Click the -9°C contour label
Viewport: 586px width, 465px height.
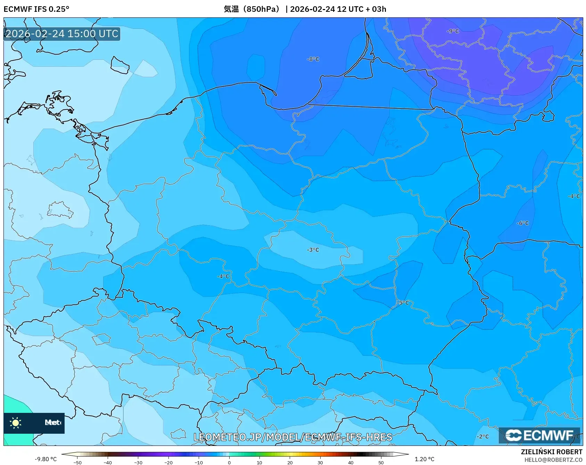click(x=453, y=31)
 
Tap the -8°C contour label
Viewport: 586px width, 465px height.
click(x=313, y=59)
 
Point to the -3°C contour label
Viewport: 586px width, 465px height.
click(x=313, y=250)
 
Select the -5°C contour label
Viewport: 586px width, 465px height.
click(x=403, y=303)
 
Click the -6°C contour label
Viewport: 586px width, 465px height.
click(x=523, y=223)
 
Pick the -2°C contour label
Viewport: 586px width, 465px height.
click(x=482, y=437)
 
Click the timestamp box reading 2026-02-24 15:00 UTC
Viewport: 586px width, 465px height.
click(x=62, y=34)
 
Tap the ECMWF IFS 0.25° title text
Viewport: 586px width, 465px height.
click(x=36, y=9)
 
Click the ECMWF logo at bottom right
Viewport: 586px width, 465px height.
click(x=539, y=435)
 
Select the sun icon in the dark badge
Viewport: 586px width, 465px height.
click(x=16, y=423)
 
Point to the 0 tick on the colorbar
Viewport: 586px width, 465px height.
click(x=229, y=463)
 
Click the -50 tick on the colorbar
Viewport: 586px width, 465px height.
click(x=78, y=463)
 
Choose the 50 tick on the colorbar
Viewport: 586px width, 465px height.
click(x=381, y=463)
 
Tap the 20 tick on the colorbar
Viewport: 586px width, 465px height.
click(x=290, y=463)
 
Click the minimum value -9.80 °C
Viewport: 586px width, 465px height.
click(x=46, y=459)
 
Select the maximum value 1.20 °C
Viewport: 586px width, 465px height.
click(x=424, y=459)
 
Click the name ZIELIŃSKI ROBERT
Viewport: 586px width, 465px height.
click(x=551, y=452)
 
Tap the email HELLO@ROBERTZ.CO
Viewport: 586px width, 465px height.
click(x=553, y=460)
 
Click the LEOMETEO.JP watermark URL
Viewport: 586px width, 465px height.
click(x=293, y=437)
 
